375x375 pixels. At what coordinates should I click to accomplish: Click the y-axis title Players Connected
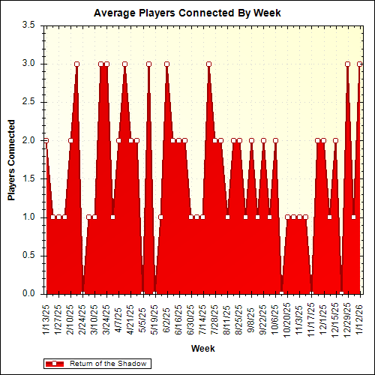(11, 159)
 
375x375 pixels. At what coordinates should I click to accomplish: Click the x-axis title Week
(202, 349)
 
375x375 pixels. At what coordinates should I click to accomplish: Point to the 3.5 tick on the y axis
(29, 25)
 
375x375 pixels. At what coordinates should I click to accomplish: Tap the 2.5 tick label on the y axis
(29, 102)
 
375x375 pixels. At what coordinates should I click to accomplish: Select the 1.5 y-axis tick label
(29, 178)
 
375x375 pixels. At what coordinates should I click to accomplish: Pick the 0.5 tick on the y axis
(29, 256)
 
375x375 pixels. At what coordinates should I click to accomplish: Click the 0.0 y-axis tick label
(29, 294)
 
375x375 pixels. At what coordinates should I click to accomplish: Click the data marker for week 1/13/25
(46, 140)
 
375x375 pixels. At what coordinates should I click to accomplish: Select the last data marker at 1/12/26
(359, 64)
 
